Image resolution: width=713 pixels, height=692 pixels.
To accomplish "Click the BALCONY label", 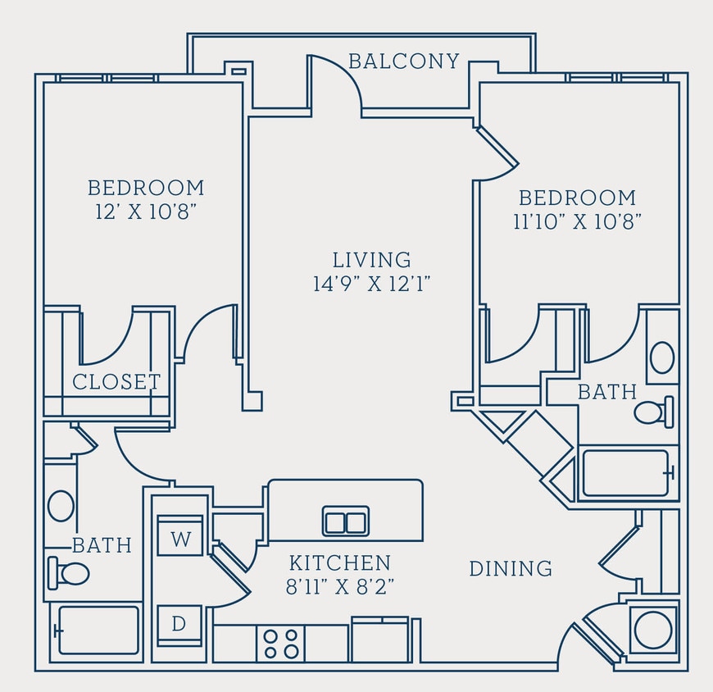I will tap(403, 61).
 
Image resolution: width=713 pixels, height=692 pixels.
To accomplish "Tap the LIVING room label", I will tap(371, 260).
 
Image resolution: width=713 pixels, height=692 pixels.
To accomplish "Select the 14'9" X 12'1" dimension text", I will tap(371, 284).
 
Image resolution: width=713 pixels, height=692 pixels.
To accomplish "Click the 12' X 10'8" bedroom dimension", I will tap(146, 211).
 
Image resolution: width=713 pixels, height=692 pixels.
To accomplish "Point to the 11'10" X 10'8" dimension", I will tap(577, 221).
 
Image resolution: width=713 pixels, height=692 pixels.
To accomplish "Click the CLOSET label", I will tap(116, 382).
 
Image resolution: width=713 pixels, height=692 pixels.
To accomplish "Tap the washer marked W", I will tap(179, 538).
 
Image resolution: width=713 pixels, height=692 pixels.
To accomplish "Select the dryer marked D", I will tap(179, 624).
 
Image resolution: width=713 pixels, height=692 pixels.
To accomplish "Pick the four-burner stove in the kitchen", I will tap(280, 643).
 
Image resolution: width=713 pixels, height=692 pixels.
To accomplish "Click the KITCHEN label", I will tap(339, 563).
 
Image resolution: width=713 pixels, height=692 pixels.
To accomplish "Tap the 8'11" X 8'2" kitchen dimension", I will tap(339, 587).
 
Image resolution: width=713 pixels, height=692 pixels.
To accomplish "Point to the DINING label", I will tap(510, 568).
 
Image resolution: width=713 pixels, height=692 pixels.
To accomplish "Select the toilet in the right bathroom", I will tap(653, 412).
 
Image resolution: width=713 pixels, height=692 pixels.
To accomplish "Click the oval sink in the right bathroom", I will tap(661, 358).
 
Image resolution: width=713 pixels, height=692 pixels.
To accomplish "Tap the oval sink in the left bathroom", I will tap(61, 506).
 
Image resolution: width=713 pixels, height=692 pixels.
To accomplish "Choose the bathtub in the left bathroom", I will tap(98, 631).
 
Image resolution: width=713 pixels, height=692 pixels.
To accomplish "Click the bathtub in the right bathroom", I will tap(627, 473).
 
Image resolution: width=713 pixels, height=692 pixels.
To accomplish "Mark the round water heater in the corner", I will tap(654, 629).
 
